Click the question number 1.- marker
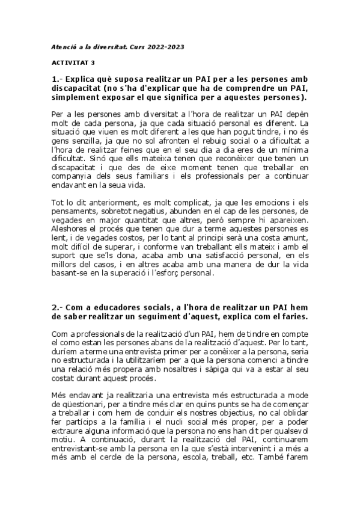click(57, 79)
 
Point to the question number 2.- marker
click(57, 306)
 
